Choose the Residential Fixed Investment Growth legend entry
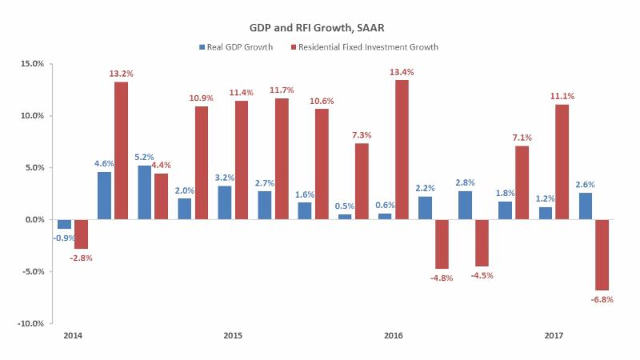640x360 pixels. pyautogui.click(x=369, y=47)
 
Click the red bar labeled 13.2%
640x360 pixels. pyautogui.click(x=121, y=150)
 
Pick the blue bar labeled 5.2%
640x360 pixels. pyautogui.click(x=144, y=192)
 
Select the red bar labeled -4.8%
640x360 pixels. pyautogui.click(x=442, y=244)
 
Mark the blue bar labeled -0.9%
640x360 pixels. pyautogui.click(x=64, y=224)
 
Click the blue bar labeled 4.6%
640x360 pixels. pyautogui.click(x=104, y=195)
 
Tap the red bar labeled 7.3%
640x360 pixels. pyautogui.click(x=362, y=181)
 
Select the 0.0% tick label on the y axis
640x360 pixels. pyautogui.click(x=33, y=219)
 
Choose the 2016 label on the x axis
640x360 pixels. pyautogui.click(x=394, y=335)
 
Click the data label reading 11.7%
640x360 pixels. pyautogui.click(x=281, y=90)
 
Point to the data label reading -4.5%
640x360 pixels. pyautogui.click(x=482, y=277)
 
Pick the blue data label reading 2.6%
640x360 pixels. pyautogui.click(x=584, y=185)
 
